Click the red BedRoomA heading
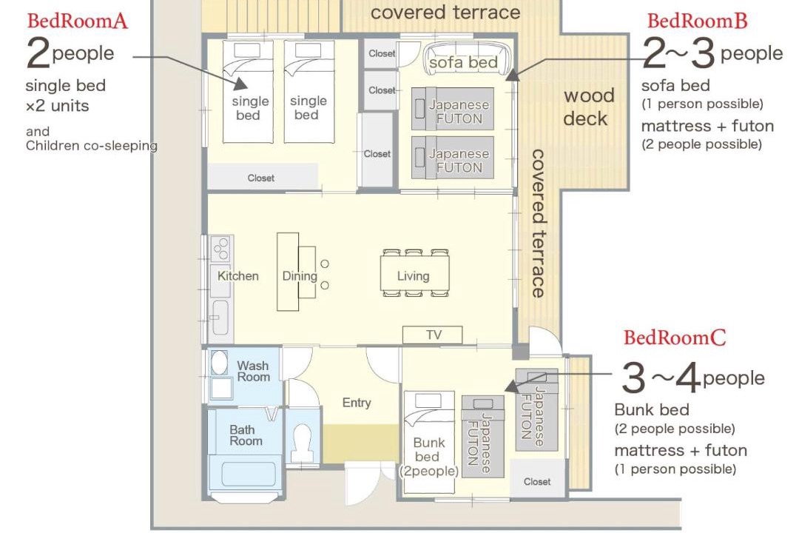point(78,21)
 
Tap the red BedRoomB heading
point(697,21)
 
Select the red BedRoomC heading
point(675,338)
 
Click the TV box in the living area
point(433,335)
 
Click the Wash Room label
point(253,372)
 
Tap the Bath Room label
point(246,435)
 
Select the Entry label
point(357,403)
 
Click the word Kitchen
point(238,276)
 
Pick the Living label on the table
point(414,276)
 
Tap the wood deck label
point(589,107)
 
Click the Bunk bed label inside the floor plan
point(428,457)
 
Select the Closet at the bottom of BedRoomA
point(262,176)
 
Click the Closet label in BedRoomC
point(537,481)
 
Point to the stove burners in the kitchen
point(222,249)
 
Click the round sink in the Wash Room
point(219,361)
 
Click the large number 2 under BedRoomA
point(38,53)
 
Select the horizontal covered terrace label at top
point(445,13)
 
